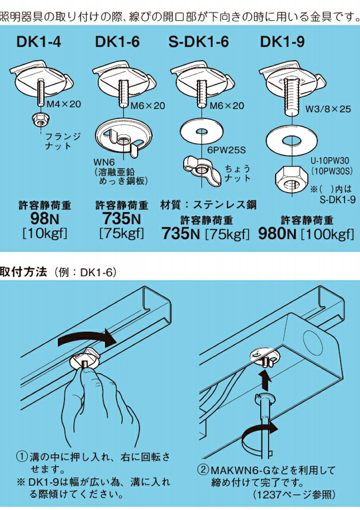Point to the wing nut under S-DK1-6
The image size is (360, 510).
coord(201,166)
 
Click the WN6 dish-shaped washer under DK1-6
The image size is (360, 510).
coord(122,134)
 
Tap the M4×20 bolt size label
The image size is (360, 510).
coord(63,105)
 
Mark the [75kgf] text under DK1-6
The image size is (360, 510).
coord(122,233)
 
